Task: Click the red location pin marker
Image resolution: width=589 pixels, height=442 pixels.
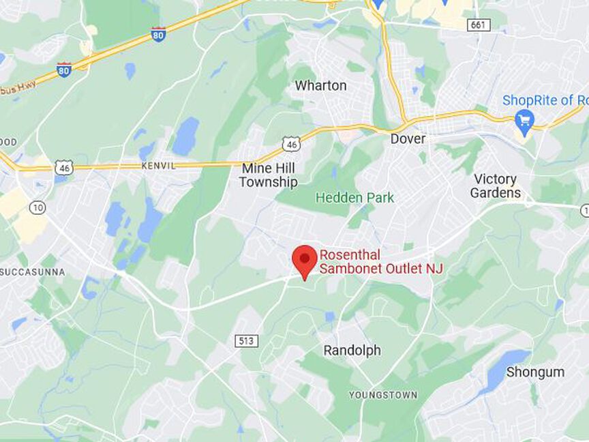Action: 305,261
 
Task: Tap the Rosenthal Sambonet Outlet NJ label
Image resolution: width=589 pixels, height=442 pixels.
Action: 381,262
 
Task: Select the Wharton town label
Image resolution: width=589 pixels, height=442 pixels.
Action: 320,86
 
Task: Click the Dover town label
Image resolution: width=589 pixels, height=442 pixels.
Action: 408,139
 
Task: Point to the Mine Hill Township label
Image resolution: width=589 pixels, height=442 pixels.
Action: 268,175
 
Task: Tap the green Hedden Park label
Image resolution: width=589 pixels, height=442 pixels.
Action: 354,198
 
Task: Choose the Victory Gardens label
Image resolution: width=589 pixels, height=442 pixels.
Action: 496,186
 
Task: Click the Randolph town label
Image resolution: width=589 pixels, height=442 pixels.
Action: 352,351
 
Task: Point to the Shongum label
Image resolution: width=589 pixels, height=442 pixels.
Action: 535,372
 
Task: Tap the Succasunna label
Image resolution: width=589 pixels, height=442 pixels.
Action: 33,272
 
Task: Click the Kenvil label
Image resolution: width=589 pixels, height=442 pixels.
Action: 158,166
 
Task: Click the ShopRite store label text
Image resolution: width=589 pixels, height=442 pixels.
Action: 545,100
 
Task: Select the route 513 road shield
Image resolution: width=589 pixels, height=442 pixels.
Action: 247,340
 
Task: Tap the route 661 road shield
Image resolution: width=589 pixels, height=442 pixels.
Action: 479,25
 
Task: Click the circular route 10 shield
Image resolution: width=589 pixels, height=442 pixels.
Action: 37,207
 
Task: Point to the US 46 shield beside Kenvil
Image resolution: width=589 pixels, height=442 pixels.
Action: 64,167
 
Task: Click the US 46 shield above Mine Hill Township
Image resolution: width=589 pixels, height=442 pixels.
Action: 291,143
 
